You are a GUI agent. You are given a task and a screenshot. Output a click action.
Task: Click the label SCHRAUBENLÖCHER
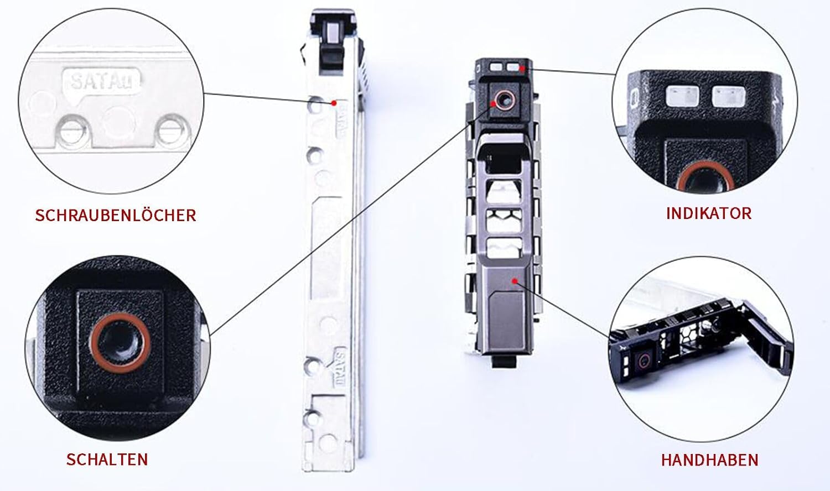coord(115,215)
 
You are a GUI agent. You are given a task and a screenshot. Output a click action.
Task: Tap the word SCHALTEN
coord(107,459)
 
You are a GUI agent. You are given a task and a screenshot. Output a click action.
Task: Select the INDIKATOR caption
coord(708,213)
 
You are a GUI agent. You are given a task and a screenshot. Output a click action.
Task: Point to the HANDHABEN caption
coord(709,459)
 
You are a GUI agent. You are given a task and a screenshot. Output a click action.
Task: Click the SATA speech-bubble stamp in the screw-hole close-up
coord(103,82)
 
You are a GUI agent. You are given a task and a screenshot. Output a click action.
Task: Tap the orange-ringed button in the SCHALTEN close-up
coord(121,343)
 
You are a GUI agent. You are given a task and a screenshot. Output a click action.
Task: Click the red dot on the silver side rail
coord(334,103)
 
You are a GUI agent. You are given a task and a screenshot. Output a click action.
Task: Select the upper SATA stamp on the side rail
coord(341,120)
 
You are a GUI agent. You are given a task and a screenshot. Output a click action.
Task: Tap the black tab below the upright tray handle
coord(504,362)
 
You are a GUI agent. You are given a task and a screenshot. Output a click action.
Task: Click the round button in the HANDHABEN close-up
coord(643,360)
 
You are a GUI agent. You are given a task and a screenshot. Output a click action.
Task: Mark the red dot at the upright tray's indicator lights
coord(522,67)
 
